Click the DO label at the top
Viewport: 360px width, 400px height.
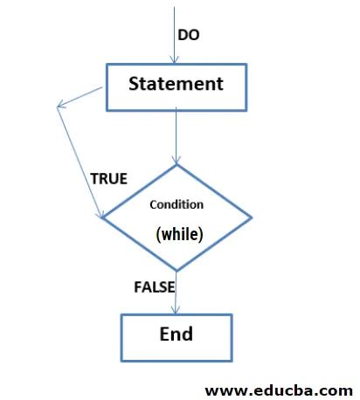click(189, 35)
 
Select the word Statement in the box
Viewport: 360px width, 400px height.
click(176, 84)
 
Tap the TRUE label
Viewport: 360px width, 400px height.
click(108, 179)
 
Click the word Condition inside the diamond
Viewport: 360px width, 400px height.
click(177, 204)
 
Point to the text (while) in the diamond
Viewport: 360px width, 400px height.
click(179, 233)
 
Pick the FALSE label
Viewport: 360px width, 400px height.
click(155, 286)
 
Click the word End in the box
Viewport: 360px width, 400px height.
click(176, 334)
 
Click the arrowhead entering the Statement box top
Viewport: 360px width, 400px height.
click(176, 59)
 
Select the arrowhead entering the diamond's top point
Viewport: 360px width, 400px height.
click(177, 160)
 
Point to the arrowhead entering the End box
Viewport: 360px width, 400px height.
click(177, 309)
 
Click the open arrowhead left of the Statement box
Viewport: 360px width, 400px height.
click(60, 107)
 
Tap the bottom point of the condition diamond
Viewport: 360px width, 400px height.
click(177, 271)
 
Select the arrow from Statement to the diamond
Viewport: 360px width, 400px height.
click(176, 135)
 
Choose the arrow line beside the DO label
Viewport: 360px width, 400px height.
click(176, 31)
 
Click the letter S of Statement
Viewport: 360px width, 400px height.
click(135, 84)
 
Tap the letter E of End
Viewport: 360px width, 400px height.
click(163, 334)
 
